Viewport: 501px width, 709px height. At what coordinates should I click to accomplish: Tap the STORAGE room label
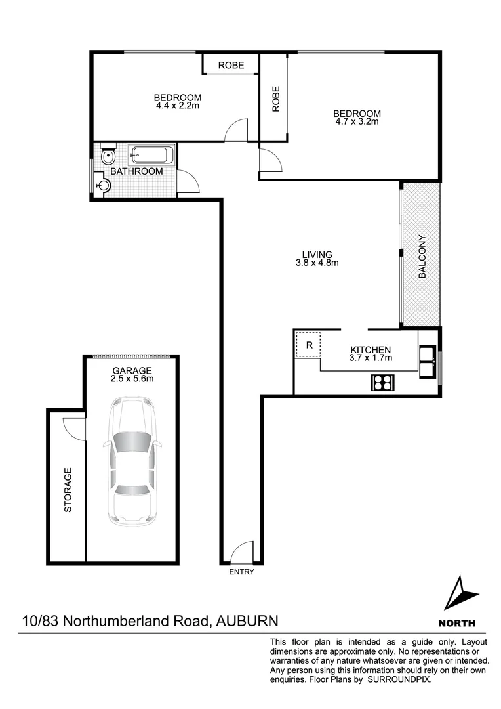pos(68,489)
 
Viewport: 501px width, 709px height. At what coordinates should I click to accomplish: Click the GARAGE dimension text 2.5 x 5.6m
pos(131,379)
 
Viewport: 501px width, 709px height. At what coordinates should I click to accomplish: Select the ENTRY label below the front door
pos(241,572)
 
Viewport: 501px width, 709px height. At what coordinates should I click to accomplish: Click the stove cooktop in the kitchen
pos(382,382)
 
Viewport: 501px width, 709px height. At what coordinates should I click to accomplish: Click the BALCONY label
pos(422,257)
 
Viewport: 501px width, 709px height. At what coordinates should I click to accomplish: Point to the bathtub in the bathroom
pos(152,156)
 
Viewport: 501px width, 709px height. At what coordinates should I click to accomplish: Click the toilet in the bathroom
pos(108,157)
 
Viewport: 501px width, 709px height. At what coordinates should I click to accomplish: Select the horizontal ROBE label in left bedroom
pos(231,65)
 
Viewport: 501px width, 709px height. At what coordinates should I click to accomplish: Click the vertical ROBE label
pos(276,98)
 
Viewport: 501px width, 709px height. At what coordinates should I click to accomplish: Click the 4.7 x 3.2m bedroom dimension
pos(357,121)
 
